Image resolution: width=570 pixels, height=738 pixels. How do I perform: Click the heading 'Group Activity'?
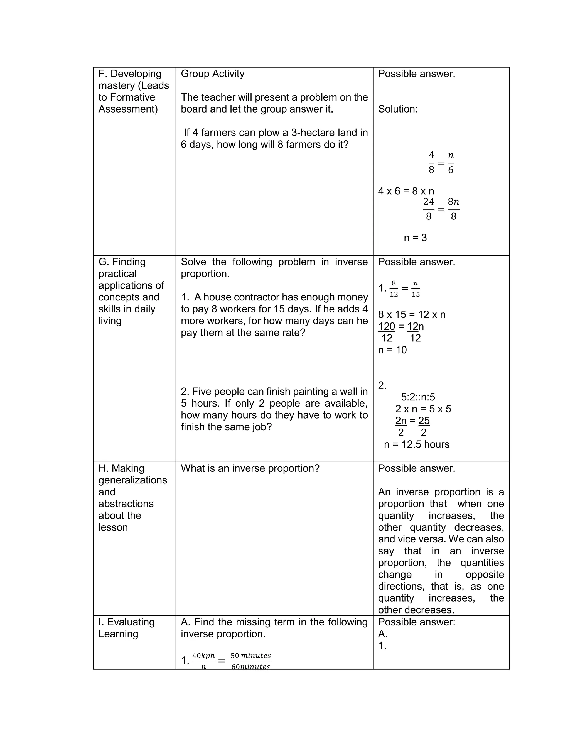[x=212, y=74]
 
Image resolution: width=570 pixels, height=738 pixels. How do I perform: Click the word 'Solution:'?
[x=397, y=109]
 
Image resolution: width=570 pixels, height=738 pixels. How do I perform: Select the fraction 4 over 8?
[x=431, y=163]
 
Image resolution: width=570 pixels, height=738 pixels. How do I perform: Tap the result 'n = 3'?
[x=415, y=238]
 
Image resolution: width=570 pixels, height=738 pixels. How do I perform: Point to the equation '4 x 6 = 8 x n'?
[x=406, y=191]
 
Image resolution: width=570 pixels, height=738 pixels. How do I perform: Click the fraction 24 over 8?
[x=429, y=209]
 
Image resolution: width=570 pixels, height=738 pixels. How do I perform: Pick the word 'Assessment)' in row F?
[x=128, y=109]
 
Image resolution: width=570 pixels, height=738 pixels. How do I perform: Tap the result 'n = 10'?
[x=392, y=350]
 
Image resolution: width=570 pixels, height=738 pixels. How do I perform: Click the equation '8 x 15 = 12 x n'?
[x=412, y=315]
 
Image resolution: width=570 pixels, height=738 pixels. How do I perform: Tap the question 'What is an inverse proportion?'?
[x=250, y=468]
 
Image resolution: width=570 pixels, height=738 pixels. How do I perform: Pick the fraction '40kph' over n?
[x=203, y=661]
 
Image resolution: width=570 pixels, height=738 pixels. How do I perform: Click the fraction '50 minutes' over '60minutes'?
[x=250, y=661]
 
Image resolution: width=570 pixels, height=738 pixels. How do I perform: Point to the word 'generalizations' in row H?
[x=133, y=480]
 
